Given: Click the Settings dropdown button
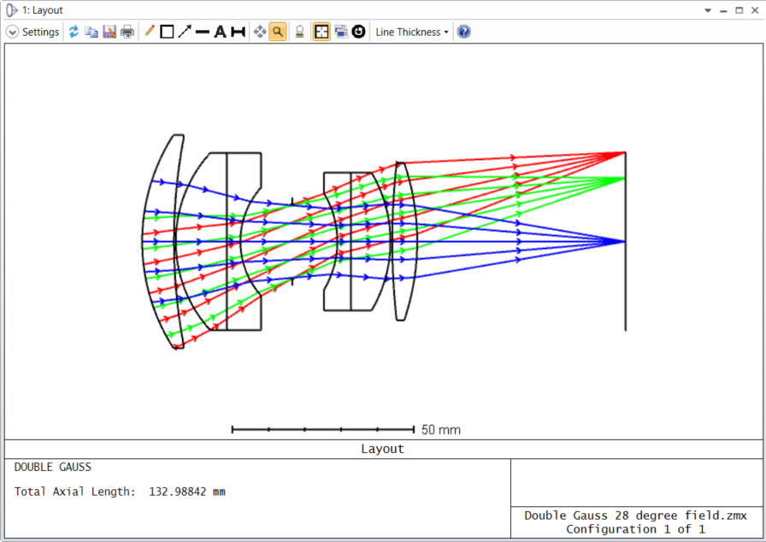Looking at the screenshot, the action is point(32,32).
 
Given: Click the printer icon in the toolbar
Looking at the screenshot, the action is point(127,32).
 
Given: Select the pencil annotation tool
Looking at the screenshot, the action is point(150,32).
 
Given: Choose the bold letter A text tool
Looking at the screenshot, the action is point(221,32).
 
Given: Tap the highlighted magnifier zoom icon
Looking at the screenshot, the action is point(278,32).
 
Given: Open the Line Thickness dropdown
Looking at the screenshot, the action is point(411,32).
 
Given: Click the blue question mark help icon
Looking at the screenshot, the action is point(463,32).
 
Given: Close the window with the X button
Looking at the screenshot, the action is point(755,9).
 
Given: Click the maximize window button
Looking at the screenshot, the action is point(739,9).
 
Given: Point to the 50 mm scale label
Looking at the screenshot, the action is point(440,430).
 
